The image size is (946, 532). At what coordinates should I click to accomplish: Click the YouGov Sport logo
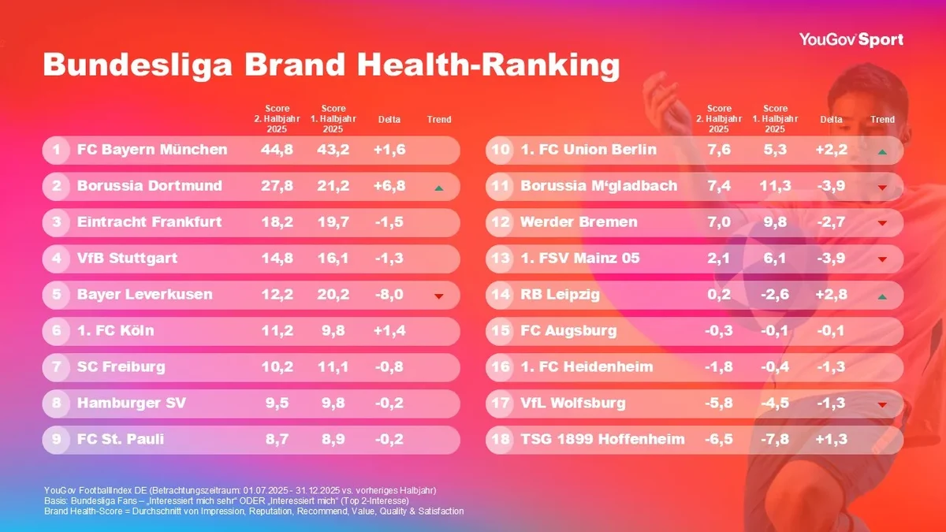(851, 39)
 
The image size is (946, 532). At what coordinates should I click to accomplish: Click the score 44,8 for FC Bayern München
(277, 150)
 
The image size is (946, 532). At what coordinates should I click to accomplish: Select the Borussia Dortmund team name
(150, 186)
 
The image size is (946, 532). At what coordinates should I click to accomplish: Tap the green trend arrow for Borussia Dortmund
(439, 188)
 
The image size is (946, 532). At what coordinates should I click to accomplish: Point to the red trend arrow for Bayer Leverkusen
(439, 296)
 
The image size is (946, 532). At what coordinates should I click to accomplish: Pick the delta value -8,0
(389, 295)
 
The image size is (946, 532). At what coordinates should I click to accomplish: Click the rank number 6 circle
(57, 331)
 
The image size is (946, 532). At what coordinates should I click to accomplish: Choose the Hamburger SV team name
(132, 404)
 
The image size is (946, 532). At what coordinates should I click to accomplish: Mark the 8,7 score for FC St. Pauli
(277, 440)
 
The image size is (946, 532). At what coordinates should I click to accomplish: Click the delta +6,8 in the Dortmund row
(389, 186)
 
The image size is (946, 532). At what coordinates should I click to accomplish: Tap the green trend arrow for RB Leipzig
(883, 296)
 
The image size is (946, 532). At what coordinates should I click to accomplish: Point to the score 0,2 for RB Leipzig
(719, 295)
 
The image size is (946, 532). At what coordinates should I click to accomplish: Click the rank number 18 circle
(500, 440)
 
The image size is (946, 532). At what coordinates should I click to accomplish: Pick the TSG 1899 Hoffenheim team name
(603, 440)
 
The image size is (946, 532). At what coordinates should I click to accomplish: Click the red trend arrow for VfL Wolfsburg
(883, 405)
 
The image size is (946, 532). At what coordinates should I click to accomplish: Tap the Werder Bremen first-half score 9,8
(776, 222)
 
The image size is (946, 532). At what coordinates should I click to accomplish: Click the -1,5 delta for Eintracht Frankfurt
(389, 222)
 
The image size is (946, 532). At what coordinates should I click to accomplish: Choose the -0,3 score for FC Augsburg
(719, 331)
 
